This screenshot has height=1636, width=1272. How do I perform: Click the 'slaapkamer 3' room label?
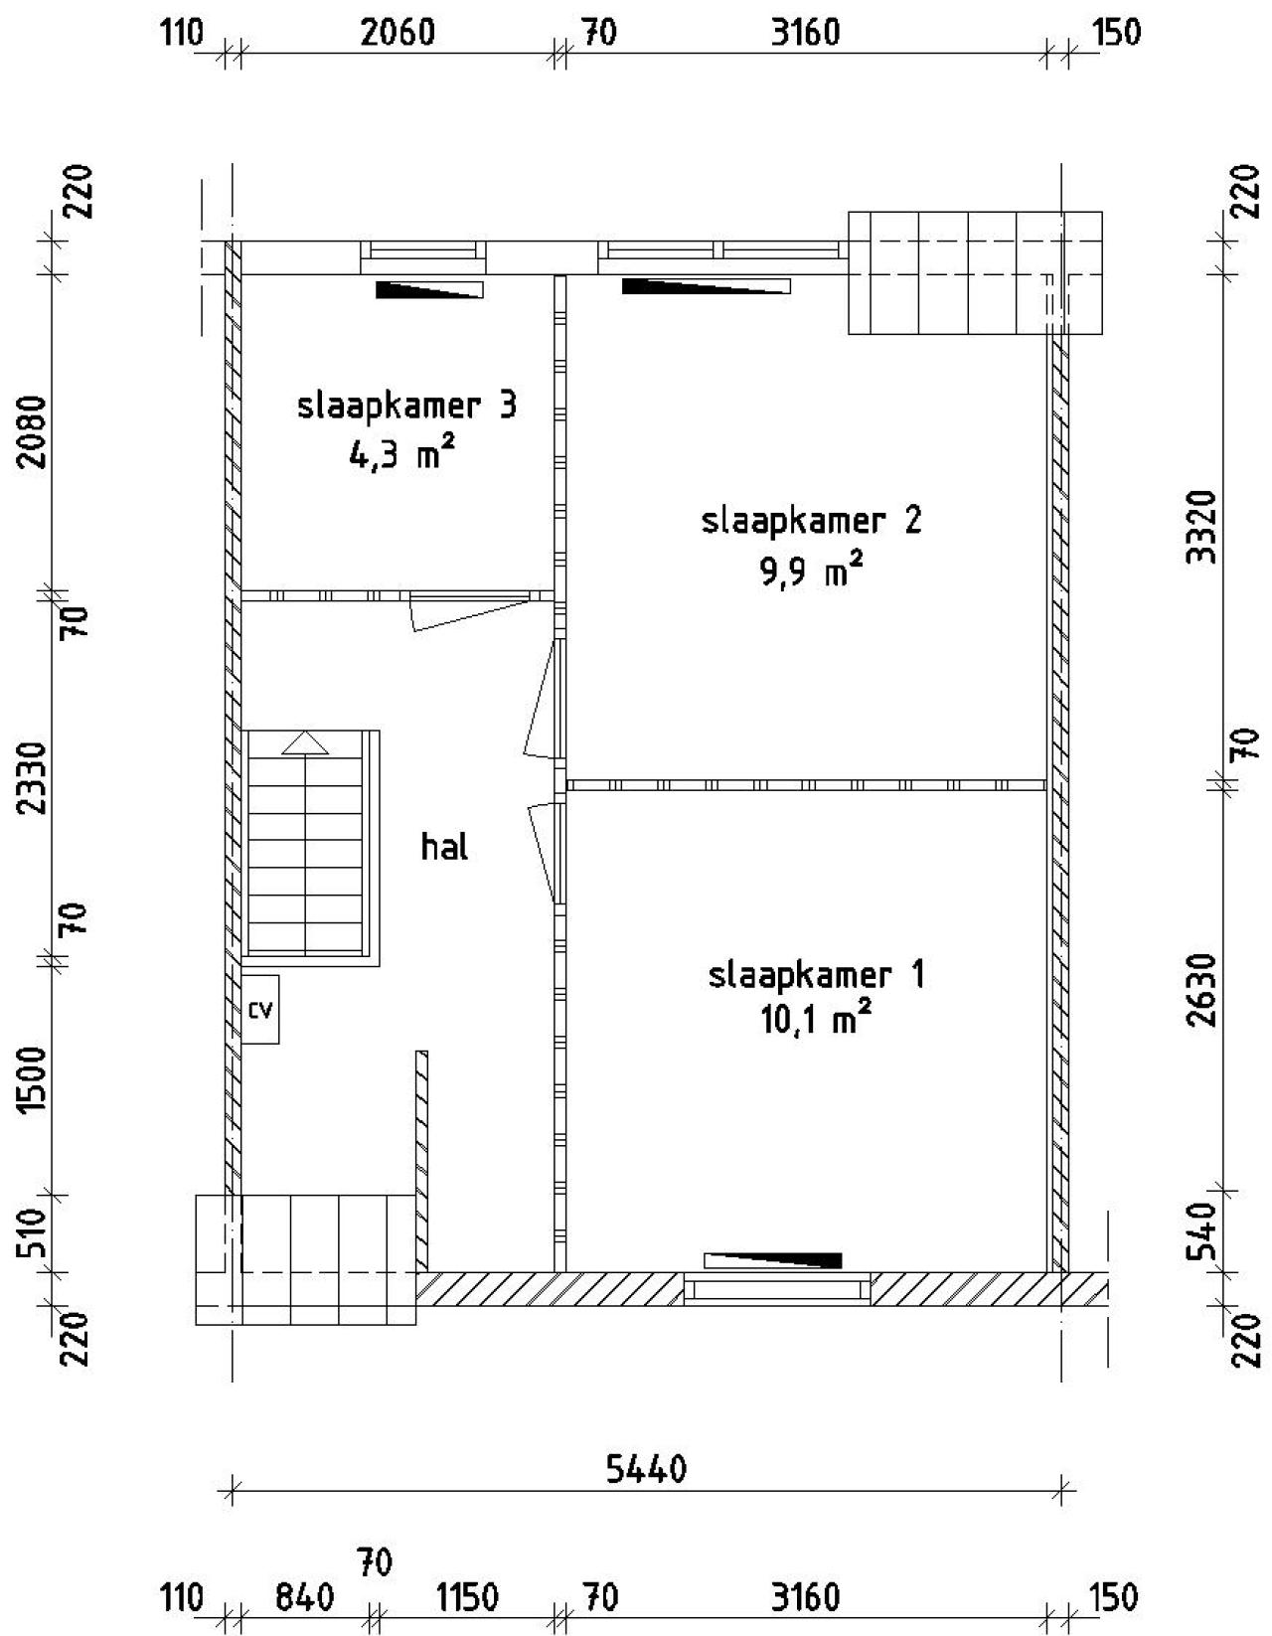pos(406,408)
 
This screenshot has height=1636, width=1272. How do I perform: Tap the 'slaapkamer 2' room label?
pos(811,522)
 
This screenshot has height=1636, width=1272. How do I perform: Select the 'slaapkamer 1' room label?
pos(816,976)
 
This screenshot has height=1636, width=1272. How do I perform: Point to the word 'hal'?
pos(444,848)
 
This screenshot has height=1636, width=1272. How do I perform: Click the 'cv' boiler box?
pos(260,1009)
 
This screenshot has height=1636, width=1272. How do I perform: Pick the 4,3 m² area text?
pos(402,454)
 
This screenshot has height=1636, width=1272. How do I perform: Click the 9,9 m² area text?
pos(810,571)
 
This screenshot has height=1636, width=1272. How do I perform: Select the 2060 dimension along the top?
pos(397,33)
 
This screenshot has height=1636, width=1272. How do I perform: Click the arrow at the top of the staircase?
pos(305,743)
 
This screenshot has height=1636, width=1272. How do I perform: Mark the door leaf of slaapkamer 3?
pos(467,613)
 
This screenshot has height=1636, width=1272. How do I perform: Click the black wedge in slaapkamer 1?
pos(772,1260)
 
